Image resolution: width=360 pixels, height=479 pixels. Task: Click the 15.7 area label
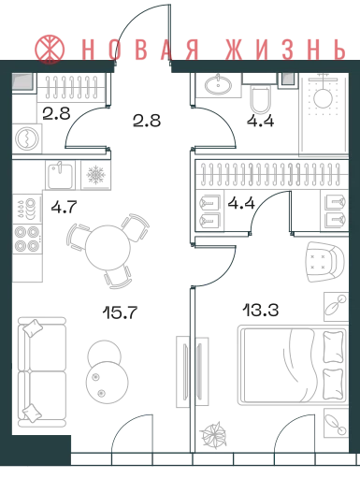(x=120, y=312)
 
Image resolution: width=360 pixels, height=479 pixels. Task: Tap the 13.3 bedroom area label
(x=261, y=311)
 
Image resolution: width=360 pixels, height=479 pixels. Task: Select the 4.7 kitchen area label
(x=64, y=207)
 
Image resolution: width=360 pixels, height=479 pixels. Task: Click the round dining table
(x=108, y=248)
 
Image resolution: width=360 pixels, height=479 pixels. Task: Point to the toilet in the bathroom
(x=261, y=99)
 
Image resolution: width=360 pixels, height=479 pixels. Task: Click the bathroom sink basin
(x=218, y=84)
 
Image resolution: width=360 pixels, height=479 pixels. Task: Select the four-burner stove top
(x=27, y=239)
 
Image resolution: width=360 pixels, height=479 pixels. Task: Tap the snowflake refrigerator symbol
(x=95, y=175)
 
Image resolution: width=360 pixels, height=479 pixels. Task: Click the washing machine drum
(x=27, y=138)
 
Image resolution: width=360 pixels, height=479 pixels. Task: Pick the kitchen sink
(x=60, y=175)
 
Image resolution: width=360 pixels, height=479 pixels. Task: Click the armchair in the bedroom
(x=325, y=262)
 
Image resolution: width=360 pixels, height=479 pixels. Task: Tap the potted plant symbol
(x=214, y=435)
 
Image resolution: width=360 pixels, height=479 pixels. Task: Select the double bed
(x=293, y=365)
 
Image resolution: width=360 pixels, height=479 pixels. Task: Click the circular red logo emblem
(x=50, y=50)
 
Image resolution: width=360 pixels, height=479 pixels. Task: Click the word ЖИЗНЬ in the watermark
(x=285, y=50)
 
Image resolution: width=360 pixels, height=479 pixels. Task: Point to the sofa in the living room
(x=42, y=372)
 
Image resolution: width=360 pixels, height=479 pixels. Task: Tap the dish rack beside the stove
(x=27, y=208)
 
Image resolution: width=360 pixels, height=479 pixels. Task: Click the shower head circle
(x=324, y=98)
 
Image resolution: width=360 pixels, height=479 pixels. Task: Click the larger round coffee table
(x=108, y=382)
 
